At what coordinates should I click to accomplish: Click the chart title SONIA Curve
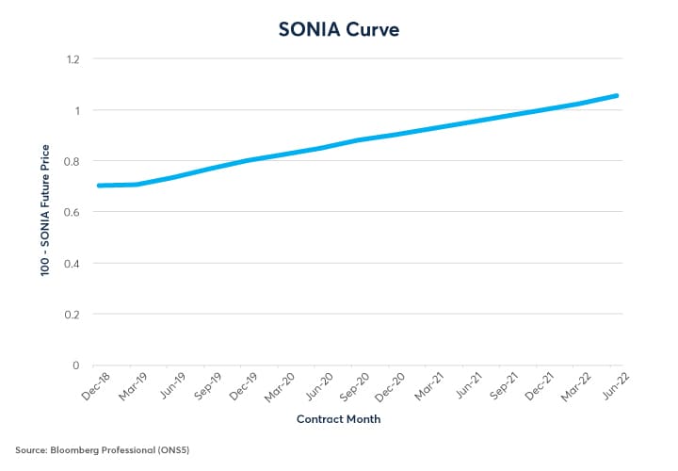click(339, 29)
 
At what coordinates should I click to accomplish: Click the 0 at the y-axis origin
click(76, 365)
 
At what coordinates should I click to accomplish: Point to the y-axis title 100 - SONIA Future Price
click(44, 212)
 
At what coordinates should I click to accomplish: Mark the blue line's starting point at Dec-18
click(99, 186)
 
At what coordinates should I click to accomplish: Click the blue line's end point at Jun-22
click(617, 95)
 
